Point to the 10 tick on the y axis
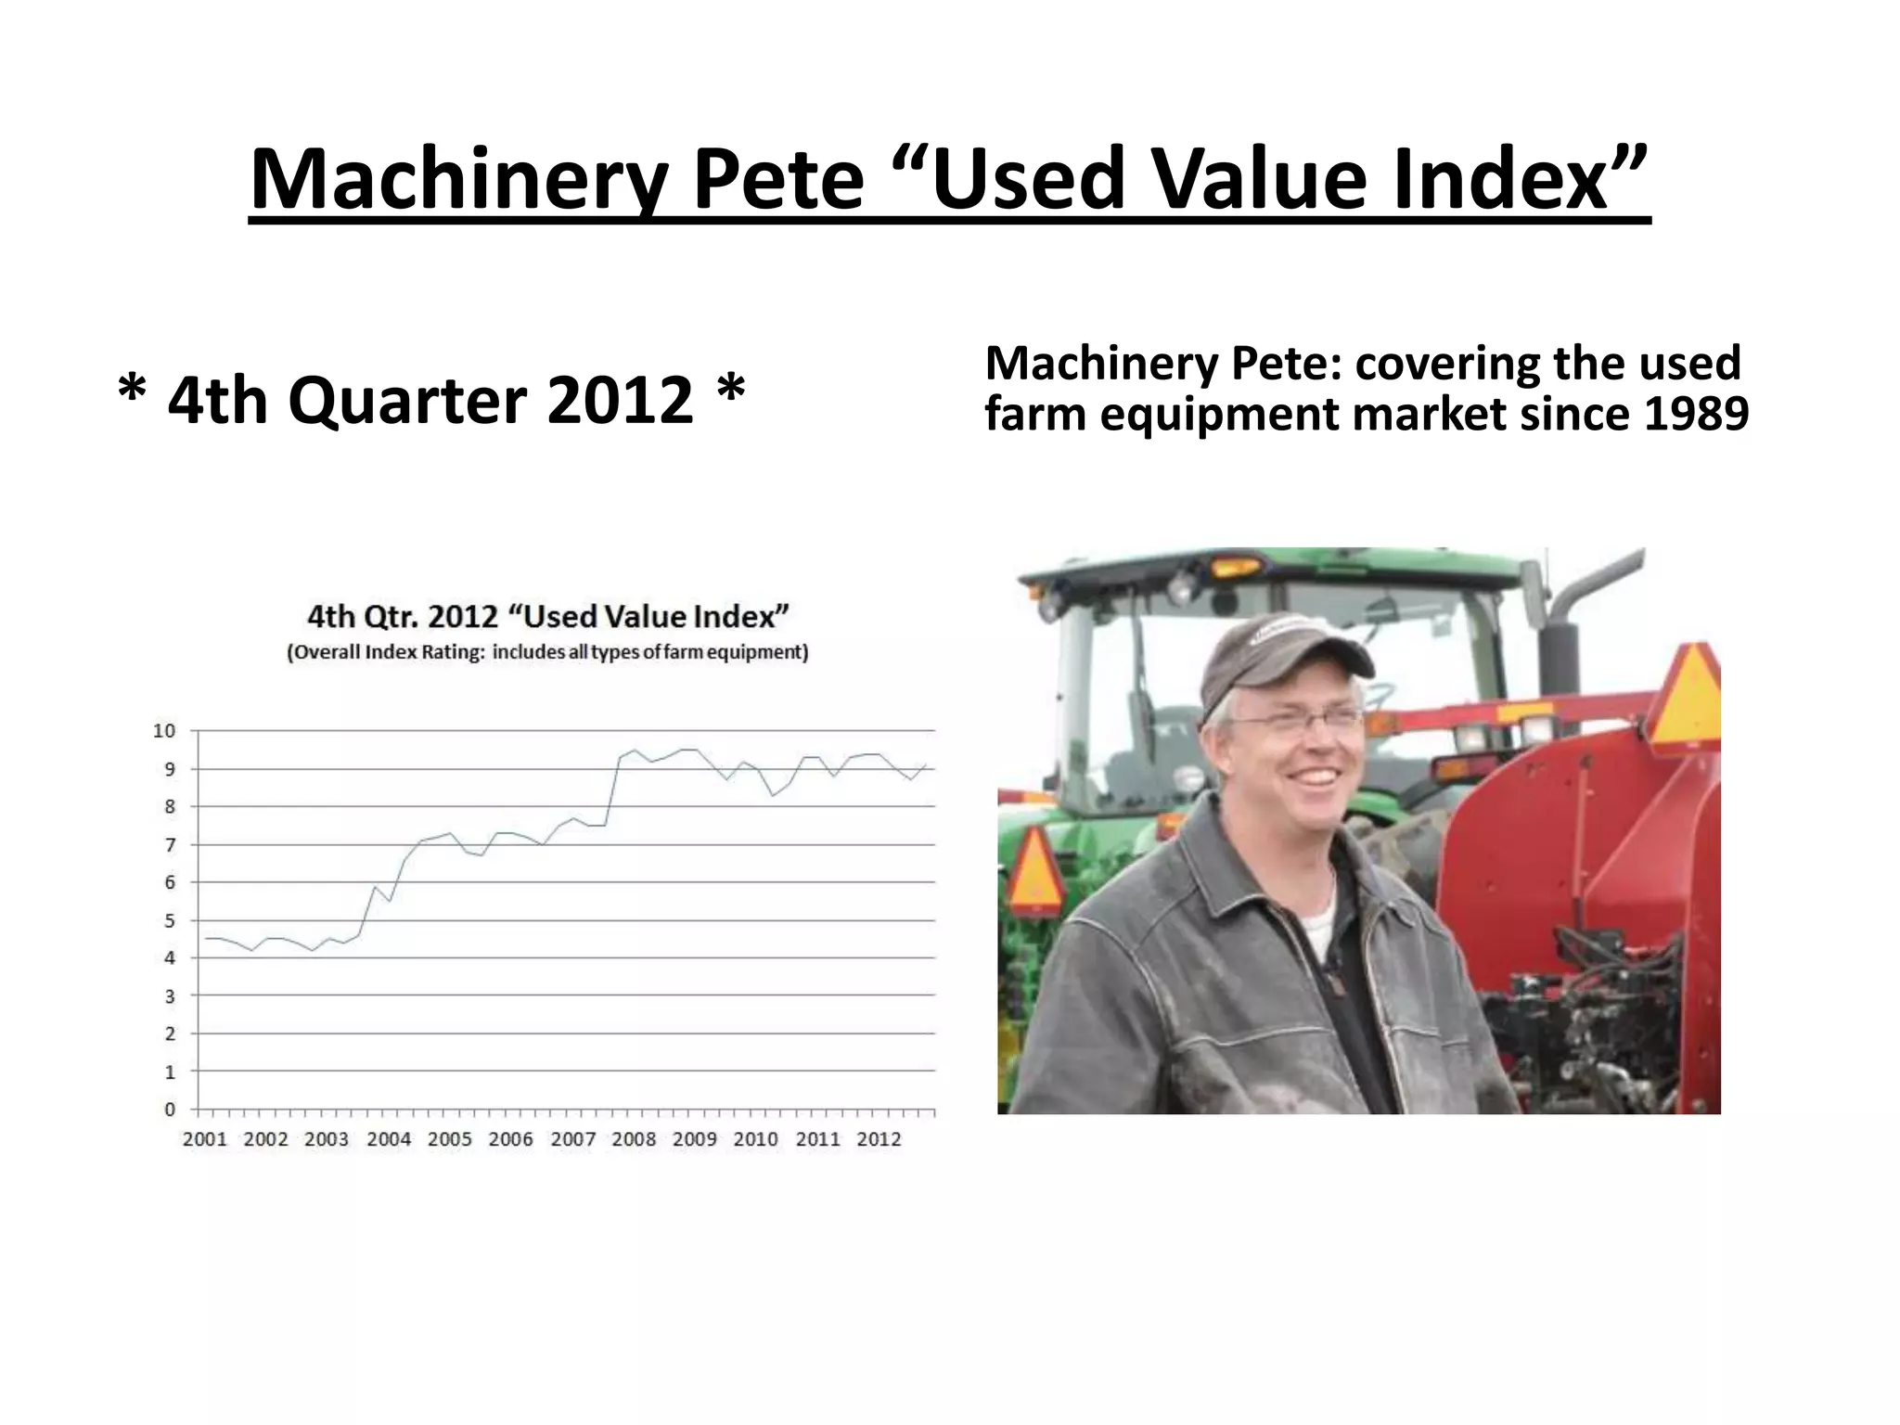(x=164, y=731)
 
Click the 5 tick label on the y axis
(x=170, y=920)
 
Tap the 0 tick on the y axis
(x=170, y=1110)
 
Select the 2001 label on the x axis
(x=205, y=1139)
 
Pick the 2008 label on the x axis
(x=634, y=1139)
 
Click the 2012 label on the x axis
(x=879, y=1139)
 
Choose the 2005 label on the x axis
(x=450, y=1139)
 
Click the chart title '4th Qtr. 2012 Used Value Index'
(x=547, y=617)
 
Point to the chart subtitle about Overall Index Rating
(x=547, y=652)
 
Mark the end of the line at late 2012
(x=926, y=765)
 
